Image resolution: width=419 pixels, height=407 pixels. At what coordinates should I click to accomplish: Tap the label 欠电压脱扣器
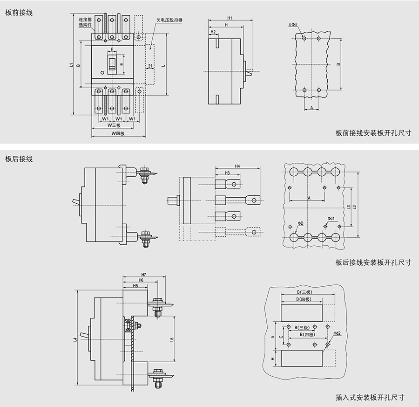(170, 21)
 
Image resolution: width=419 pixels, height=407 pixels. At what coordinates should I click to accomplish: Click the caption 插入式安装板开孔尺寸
(370, 397)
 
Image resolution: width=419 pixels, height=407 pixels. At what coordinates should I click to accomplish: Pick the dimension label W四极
(119, 134)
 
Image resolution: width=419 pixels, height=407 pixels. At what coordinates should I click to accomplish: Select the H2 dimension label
(213, 32)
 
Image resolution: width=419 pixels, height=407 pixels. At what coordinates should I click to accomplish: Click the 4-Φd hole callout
(292, 24)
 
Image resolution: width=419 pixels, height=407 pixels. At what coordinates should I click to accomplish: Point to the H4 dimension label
(237, 166)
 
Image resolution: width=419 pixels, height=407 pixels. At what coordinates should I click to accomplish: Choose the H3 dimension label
(227, 173)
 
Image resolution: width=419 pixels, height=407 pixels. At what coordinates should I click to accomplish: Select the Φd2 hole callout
(338, 333)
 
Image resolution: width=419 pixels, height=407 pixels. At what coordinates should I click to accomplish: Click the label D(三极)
(308, 292)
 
